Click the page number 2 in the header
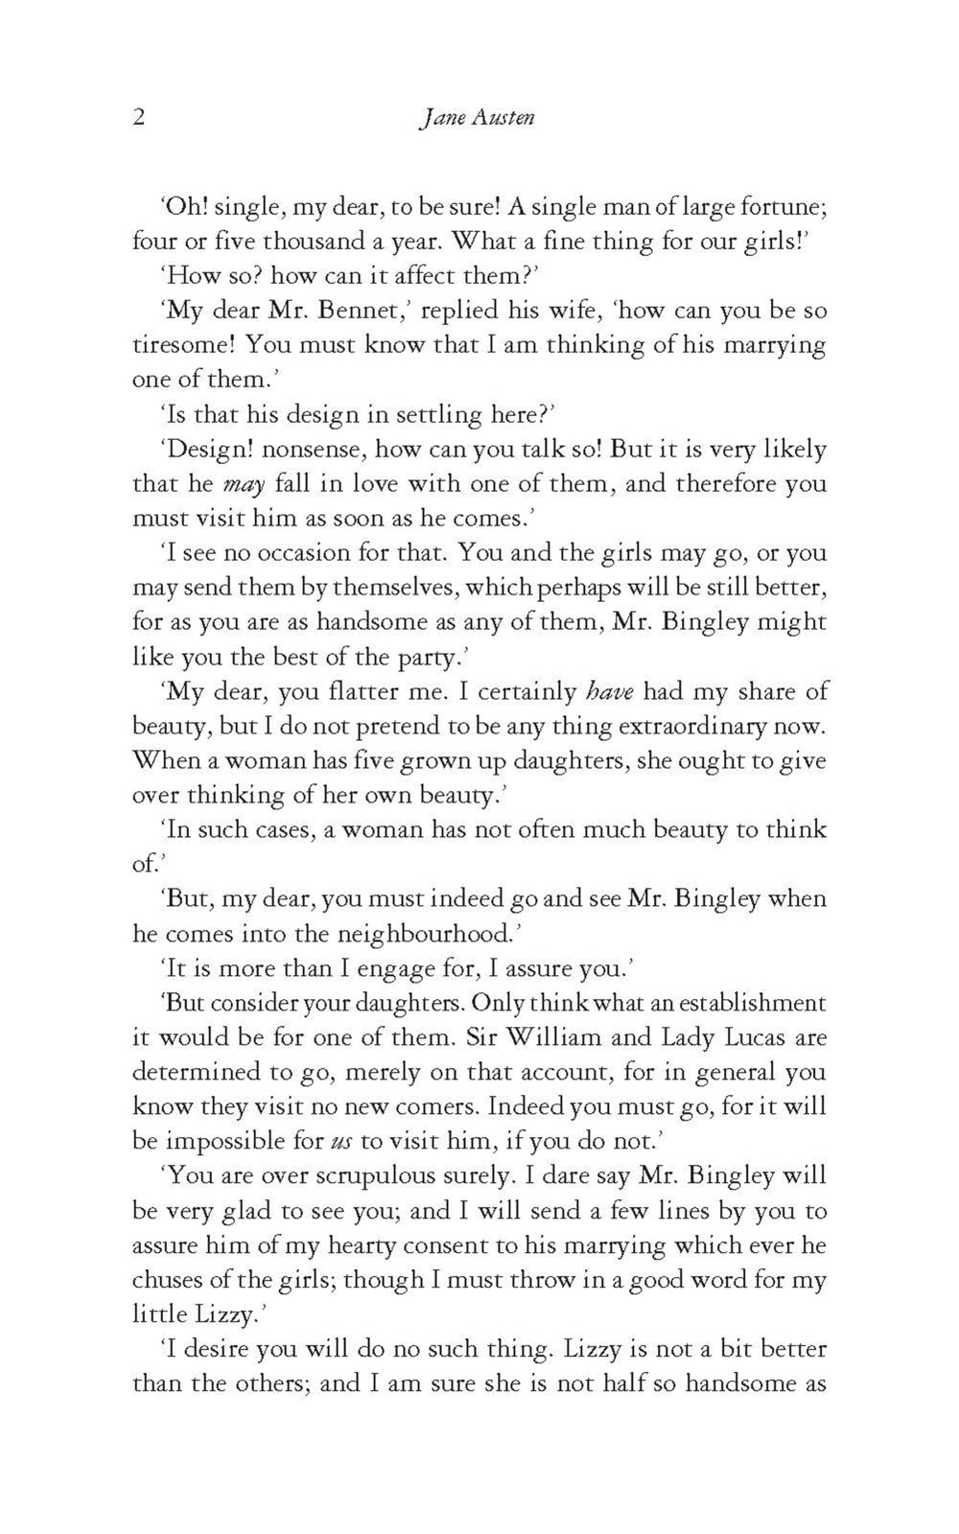tap(139, 118)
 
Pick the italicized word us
tap(340, 1143)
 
